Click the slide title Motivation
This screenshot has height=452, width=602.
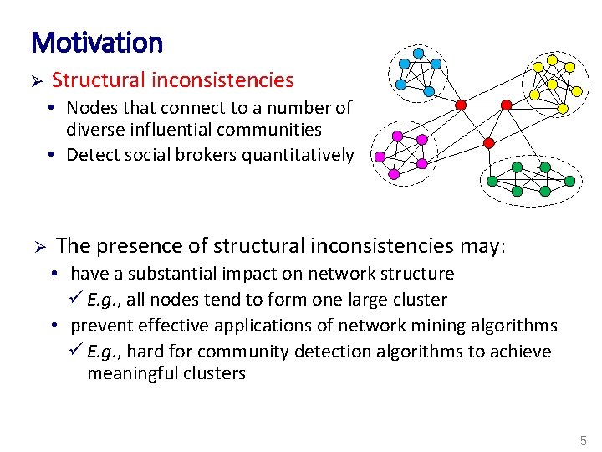[x=96, y=42]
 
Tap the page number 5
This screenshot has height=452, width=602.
[x=583, y=440]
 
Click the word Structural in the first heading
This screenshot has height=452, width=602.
[x=93, y=80]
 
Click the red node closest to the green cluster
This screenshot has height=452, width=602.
[x=489, y=143]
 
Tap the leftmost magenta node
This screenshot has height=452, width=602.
[x=380, y=156]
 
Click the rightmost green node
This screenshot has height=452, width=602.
[x=570, y=180]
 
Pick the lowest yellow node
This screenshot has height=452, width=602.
[x=563, y=109]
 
